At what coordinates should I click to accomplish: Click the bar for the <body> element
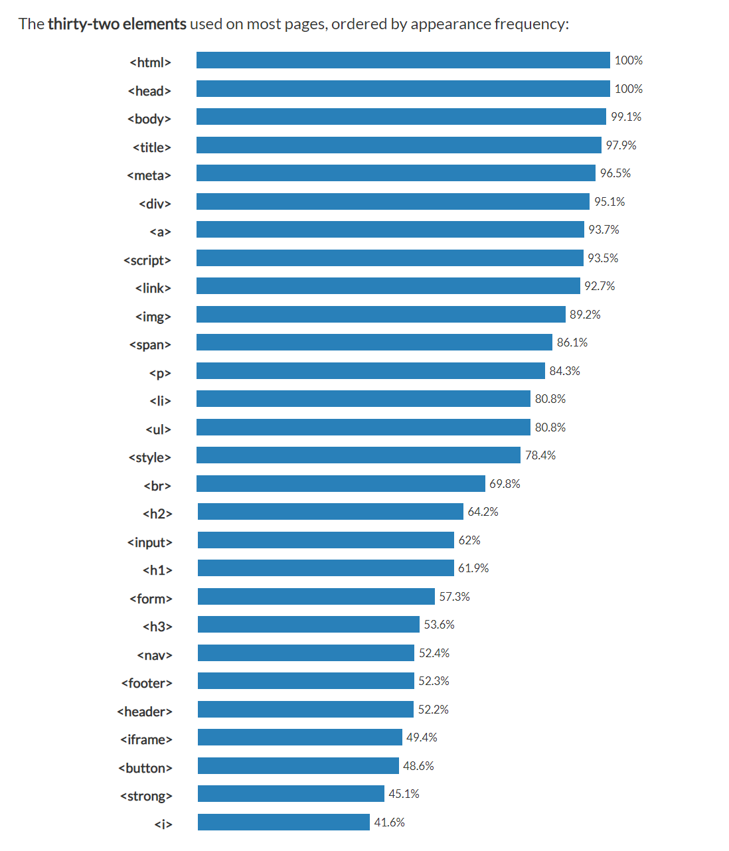pos(401,117)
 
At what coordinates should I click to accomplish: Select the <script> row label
pos(147,260)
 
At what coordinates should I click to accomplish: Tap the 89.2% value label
pos(585,315)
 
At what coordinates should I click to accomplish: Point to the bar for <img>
pos(380,315)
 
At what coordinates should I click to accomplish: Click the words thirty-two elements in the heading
pos(117,24)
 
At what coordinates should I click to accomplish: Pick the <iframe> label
pos(146,739)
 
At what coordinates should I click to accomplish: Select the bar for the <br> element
pos(341,484)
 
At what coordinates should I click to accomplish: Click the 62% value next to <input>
pos(469,540)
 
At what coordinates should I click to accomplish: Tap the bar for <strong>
pos(291,794)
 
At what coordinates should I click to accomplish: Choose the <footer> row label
pos(147,683)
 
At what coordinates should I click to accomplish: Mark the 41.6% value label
pos(389,822)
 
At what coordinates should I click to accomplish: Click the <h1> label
pos(157,570)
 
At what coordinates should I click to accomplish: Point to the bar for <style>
pos(359,455)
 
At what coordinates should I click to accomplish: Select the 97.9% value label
pos(621,145)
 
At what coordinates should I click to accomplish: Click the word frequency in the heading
pos(530,24)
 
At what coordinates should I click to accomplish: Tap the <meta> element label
pos(149,175)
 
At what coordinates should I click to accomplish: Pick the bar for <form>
pos(316,597)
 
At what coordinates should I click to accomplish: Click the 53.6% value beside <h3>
pos(439,625)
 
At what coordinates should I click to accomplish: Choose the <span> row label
pos(150,345)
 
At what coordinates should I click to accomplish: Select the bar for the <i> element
pos(283,822)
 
